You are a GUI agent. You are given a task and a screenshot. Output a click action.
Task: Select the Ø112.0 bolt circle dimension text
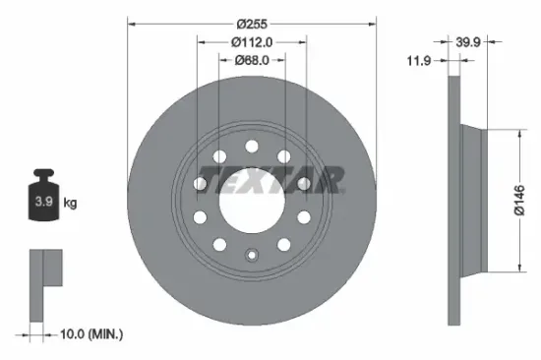coord(252,41)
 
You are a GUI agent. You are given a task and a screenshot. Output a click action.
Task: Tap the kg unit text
coord(70,203)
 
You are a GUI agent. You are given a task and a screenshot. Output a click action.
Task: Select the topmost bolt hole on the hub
coord(252,147)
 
